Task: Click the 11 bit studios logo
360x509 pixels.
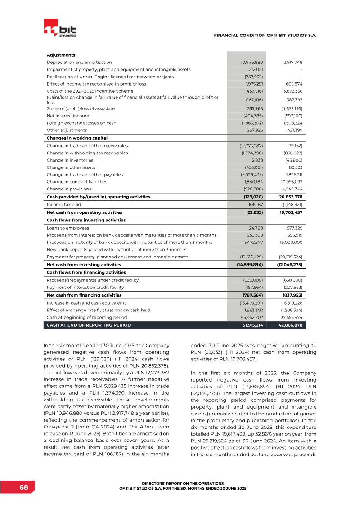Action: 60,30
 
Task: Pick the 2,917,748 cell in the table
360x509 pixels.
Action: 292,62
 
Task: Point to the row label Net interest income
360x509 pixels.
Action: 68,116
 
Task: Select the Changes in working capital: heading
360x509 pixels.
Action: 78,138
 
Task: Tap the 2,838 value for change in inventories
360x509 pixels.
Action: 257,160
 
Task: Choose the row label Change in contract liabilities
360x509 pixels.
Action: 77,182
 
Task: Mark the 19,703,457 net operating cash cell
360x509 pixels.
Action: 290,212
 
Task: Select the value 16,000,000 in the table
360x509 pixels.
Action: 290,242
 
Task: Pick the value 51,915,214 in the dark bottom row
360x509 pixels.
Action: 252,325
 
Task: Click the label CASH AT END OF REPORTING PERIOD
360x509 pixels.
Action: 89,325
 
